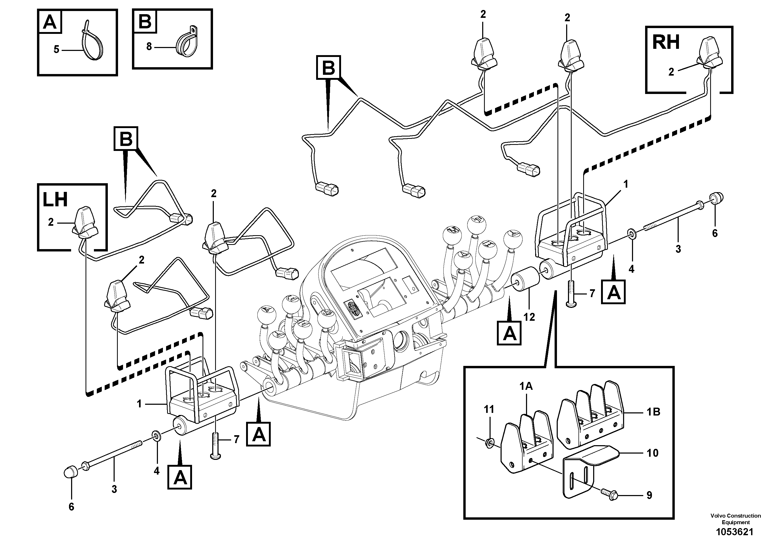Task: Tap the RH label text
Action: [x=665, y=43]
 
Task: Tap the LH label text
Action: [x=55, y=200]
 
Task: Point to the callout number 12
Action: [x=529, y=317]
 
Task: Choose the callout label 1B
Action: [x=653, y=412]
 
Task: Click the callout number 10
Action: [x=652, y=453]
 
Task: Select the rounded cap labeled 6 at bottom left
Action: [x=70, y=472]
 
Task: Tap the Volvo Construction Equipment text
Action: [x=735, y=519]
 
